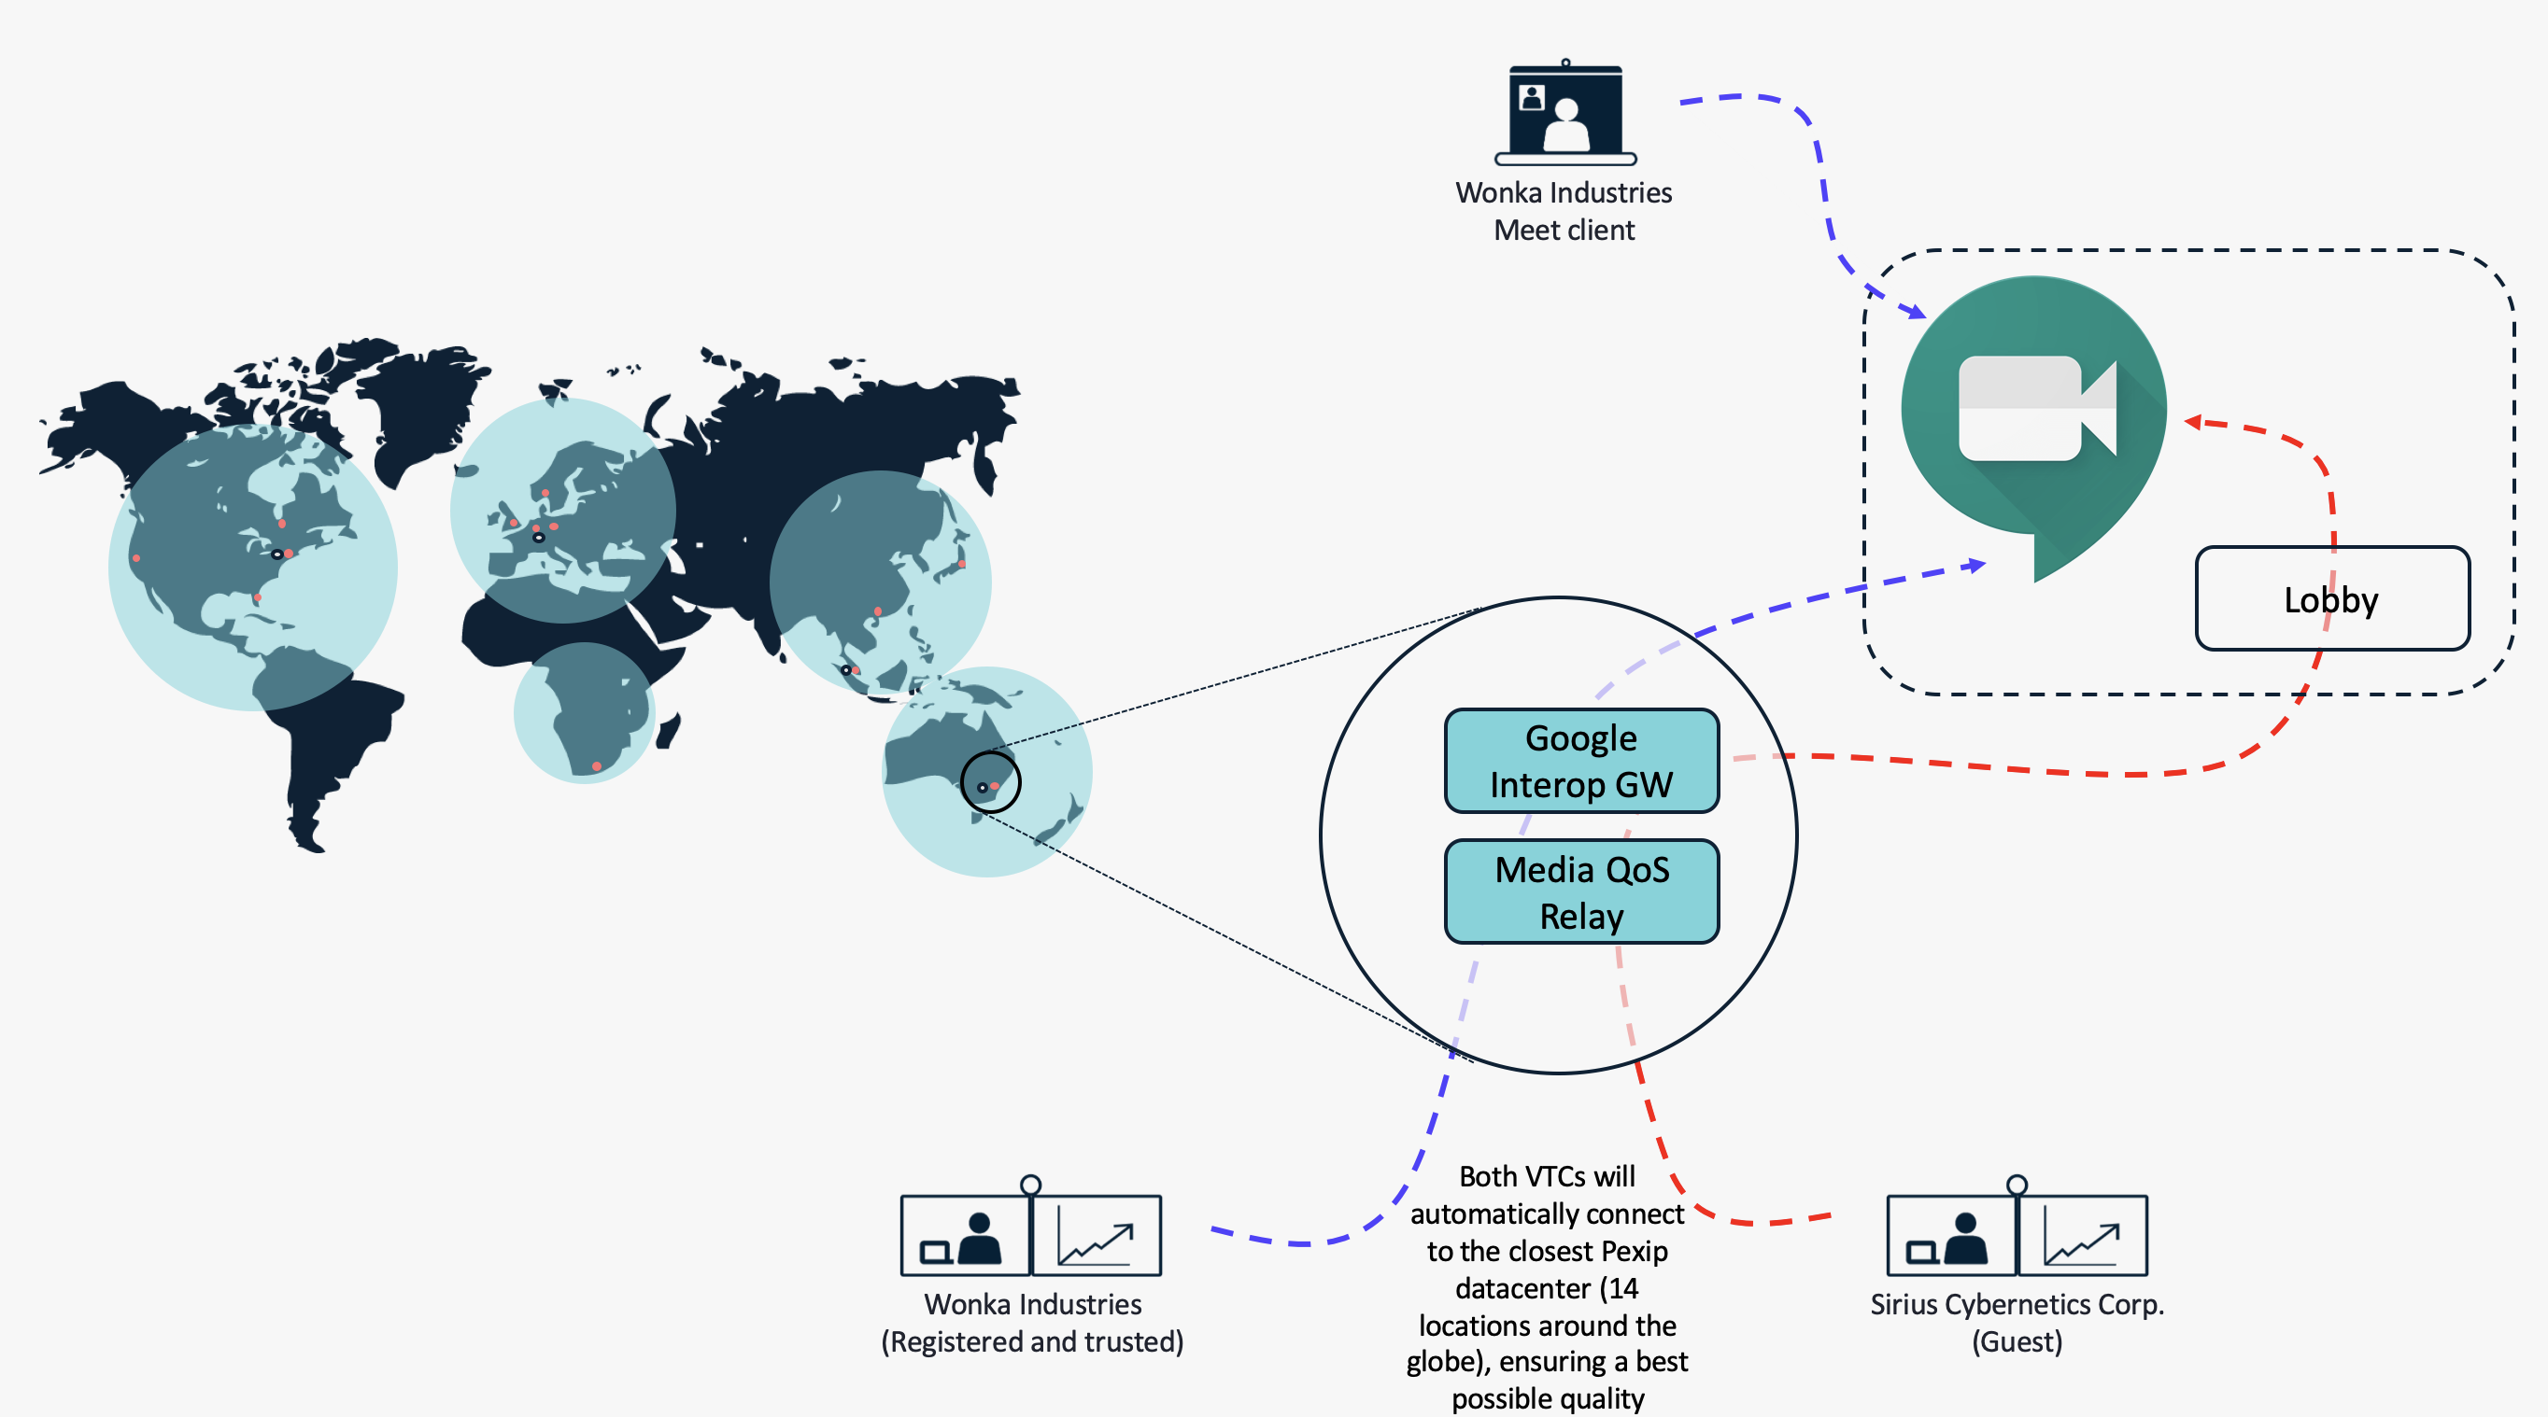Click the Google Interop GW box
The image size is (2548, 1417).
pyautogui.click(x=1581, y=761)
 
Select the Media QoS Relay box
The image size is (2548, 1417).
pyautogui.click(x=1581, y=892)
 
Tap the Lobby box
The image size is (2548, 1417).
pyautogui.click(x=2332, y=598)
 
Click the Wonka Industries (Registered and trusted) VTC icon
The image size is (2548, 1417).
pyautogui.click(x=1030, y=1227)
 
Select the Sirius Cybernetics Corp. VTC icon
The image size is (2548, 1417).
pyautogui.click(x=2017, y=1227)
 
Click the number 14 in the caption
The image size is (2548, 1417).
pyautogui.click(x=1623, y=1287)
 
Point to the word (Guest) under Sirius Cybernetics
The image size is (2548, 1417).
pyautogui.click(x=2017, y=1341)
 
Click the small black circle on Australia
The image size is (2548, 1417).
pyautogui.click(x=990, y=782)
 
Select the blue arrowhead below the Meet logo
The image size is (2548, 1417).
pyautogui.click(x=1975, y=566)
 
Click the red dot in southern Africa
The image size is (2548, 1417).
pyautogui.click(x=597, y=766)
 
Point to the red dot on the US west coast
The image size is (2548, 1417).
pyautogui.click(x=136, y=557)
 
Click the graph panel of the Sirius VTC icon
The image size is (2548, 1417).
pyautogui.click(x=2083, y=1236)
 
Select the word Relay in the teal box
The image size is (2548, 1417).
pyautogui.click(x=1581, y=918)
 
